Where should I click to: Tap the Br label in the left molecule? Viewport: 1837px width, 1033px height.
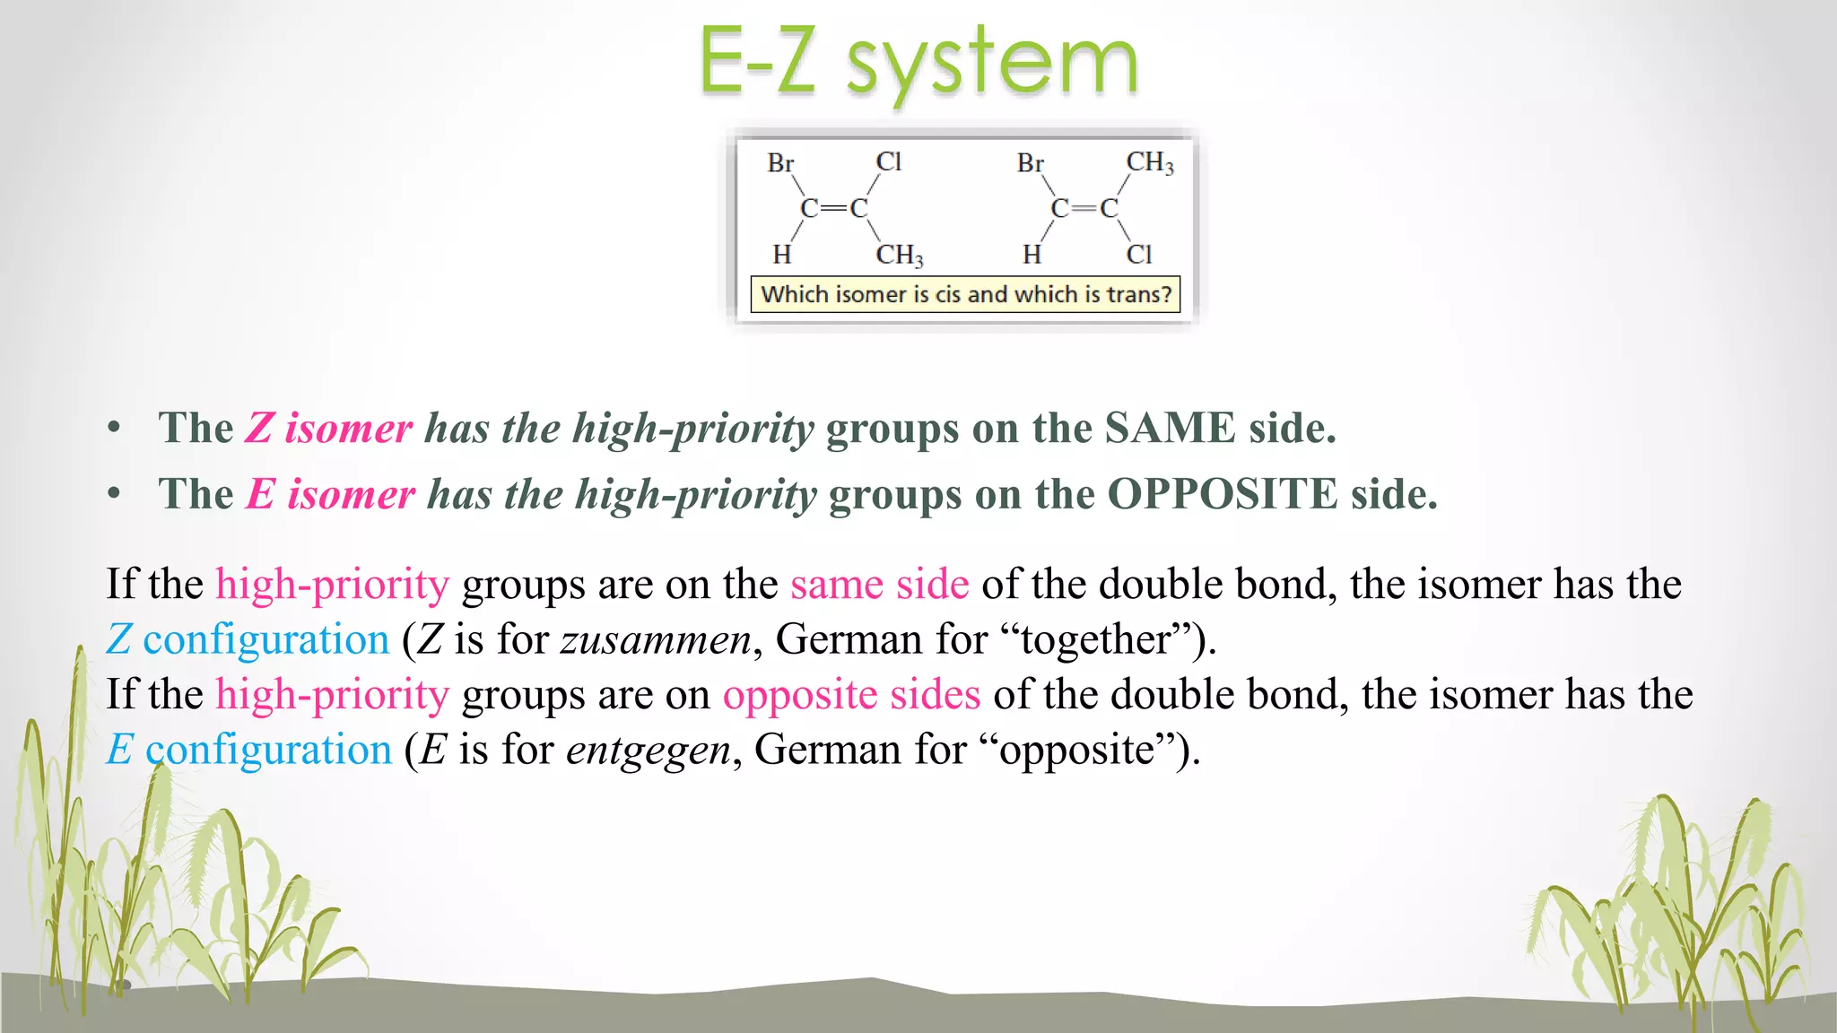[x=780, y=163]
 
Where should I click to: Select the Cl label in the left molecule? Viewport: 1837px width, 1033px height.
[x=888, y=161]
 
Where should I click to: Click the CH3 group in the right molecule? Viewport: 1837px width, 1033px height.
[x=1149, y=162]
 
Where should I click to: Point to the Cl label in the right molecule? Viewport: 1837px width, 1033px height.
[x=1139, y=255]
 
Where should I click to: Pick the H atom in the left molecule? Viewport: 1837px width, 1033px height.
[x=782, y=255]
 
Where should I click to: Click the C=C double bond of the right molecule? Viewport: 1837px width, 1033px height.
[x=1084, y=208]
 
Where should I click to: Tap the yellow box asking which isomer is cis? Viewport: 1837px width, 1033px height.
[x=965, y=294]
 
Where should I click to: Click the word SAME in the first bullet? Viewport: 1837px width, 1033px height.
[x=1170, y=428]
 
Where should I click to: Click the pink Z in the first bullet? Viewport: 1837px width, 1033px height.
[x=259, y=428]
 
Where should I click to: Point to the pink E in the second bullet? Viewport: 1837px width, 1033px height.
[x=261, y=494]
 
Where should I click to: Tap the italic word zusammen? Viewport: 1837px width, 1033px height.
[x=656, y=639]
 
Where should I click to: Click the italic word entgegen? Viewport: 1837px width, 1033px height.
[x=649, y=750]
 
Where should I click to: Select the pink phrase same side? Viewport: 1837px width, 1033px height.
[x=879, y=585]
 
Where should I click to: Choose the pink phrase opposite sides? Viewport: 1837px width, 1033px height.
[x=851, y=695]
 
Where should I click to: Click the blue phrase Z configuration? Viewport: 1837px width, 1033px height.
[x=248, y=639]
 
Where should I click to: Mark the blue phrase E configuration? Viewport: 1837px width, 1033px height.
[x=249, y=750]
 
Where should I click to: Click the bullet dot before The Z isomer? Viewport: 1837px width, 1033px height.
[x=113, y=428]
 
